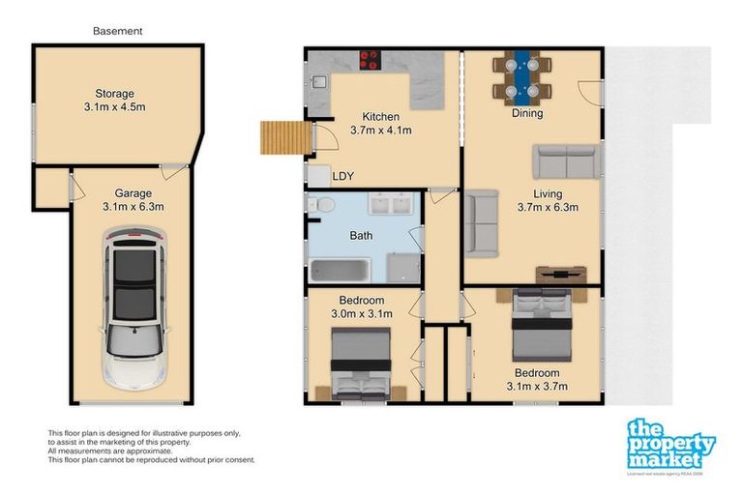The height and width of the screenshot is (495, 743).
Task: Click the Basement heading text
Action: point(117,31)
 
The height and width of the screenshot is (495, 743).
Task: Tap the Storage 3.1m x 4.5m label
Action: point(114,100)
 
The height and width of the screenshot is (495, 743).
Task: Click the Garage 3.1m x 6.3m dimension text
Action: point(133,199)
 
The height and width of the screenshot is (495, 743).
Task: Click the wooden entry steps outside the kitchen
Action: point(282,137)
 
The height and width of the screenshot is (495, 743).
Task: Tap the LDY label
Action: point(342,177)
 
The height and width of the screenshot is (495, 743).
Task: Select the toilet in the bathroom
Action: point(323,205)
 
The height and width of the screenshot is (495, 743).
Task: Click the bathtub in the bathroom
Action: point(342,266)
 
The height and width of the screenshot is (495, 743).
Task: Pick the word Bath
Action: point(361,235)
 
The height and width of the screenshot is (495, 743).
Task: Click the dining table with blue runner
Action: point(522,75)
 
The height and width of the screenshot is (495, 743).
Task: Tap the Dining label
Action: point(527,113)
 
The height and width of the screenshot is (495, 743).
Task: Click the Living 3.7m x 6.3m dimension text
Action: point(547,200)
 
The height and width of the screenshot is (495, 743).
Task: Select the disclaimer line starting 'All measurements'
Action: point(110,451)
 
